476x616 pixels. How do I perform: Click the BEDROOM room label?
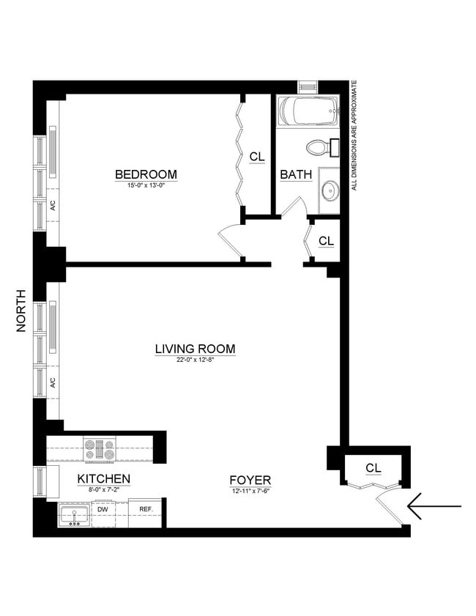pyautogui.click(x=146, y=174)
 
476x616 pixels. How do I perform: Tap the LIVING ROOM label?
pyautogui.click(x=195, y=349)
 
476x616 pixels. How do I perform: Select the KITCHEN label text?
pyautogui.click(x=104, y=479)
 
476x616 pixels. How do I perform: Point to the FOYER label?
pyautogui.click(x=250, y=480)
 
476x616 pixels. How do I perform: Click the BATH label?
pyautogui.click(x=296, y=175)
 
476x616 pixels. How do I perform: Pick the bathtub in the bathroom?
pyautogui.click(x=308, y=111)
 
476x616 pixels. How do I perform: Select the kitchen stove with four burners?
pyautogui.click(x=100, y=448)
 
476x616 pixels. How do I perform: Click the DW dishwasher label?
pyautogui.click(x=103, y=508)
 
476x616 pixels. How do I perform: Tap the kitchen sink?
pyautogui.click(x=74, y=514)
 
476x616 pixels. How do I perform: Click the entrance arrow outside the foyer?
pyautogui.click(x=434, y=506)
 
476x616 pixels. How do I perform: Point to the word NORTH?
pyautogui.click(x=21, y=311)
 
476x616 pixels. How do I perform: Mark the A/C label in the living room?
pyautogui.click(x=53, y=382)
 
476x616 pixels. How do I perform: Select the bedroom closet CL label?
pyautogui.click(x=256, y=157)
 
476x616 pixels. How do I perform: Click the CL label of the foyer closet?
pyautogui.click(x=373, y=467)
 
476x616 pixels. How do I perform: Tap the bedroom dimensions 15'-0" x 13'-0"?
pyautogui.click(x=146, y=186)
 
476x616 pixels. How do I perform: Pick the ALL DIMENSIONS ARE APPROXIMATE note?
pyautogui.click(x=354, y=136)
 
